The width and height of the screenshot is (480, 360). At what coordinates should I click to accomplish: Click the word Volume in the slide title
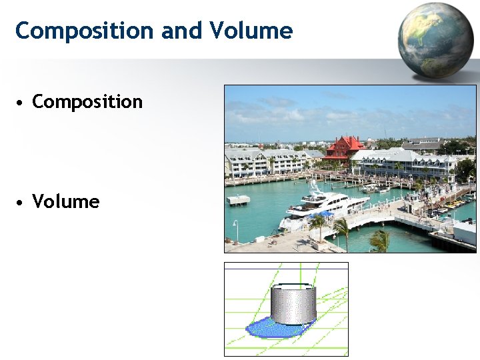tap(251, 31)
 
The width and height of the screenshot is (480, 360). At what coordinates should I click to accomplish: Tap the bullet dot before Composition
tap(22, 103)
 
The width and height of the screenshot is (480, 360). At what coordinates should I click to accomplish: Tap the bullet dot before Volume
tap(22, 203)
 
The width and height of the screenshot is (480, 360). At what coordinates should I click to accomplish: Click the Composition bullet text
tap(87, 102)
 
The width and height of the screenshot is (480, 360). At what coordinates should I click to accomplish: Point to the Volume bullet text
tap(66, 202)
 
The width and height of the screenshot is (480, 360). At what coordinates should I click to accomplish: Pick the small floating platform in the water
tap(238, 199)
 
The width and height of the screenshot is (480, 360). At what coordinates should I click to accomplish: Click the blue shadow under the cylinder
tap(267, 329)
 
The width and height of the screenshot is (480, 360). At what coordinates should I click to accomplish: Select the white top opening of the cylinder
tap(293, 287)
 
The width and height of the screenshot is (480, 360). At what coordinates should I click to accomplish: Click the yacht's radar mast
tap(313, 183)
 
